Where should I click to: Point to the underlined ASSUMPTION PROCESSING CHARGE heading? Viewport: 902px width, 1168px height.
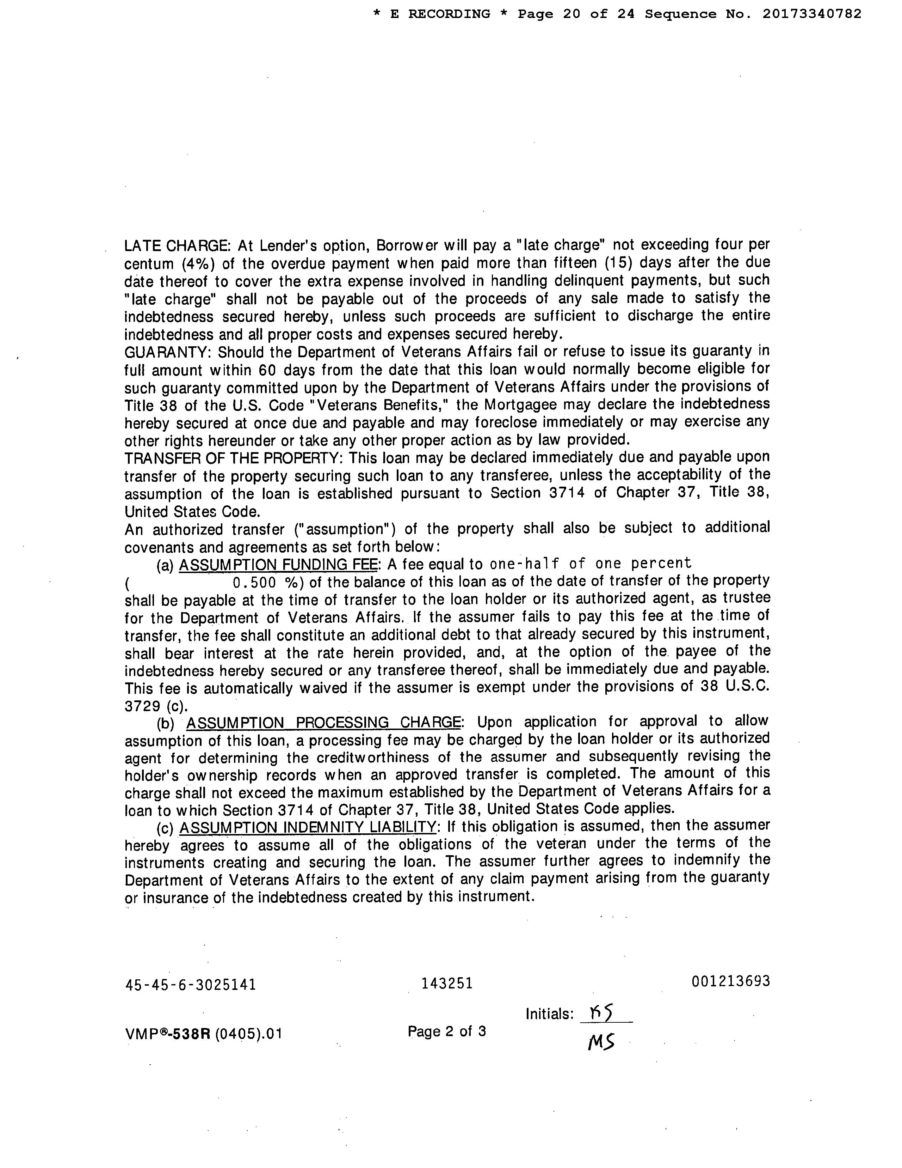coord(323,723)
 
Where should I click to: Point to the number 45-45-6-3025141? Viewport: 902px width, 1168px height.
coord(190,985)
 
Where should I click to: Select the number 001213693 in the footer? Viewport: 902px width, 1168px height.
coord(730,981)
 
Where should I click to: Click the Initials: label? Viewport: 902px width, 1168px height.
coord(549,1015)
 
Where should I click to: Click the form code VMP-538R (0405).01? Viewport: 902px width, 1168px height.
coord(203,1034)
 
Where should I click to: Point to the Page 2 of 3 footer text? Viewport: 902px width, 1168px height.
coord(447,1031)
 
